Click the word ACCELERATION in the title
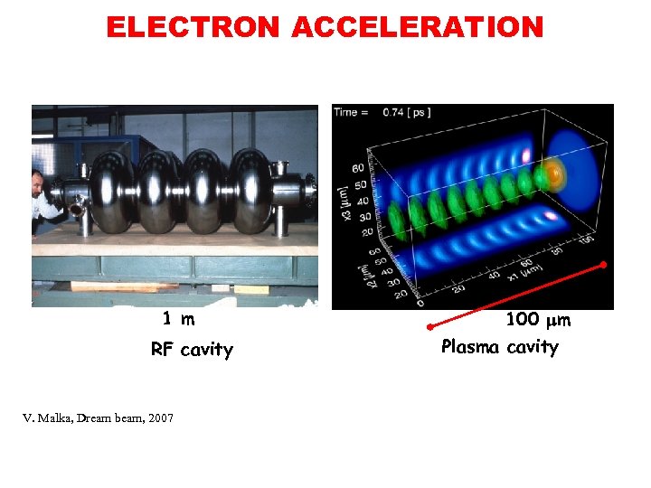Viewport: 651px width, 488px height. pyautogui.click(x=417, y=27)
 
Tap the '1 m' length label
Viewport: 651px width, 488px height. pyautogui.click(x=178, y=318)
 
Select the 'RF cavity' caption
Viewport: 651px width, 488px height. pyautogui.click(x=192, y=350)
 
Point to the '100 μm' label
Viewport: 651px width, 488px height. pyautogui.click(x=537, y=320)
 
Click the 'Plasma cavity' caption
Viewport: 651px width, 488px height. pyautogui.click(x=499, y=347)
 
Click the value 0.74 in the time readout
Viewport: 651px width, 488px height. pyautogui.click(x=394, y=113)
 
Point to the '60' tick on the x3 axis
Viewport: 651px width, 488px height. pyautogui.click(x=358, y=168)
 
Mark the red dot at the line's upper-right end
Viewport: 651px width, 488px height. pyautogui.click(x=604, y=265)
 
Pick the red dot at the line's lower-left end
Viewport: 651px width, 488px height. pyautogui.click(x=430, y=325)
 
